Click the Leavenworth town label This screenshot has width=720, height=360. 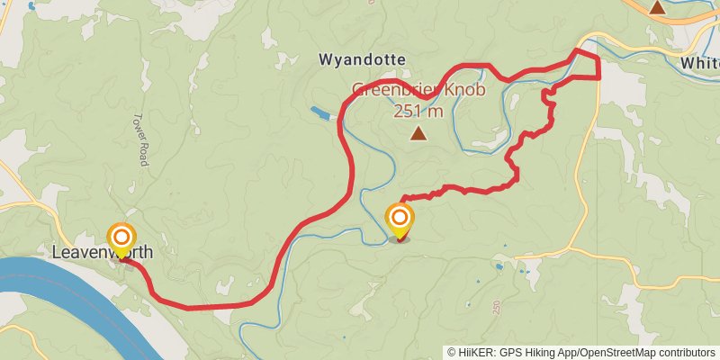(101, 253)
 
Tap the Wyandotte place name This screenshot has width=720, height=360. (362, 59)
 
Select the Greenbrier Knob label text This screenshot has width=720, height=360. (418, 91)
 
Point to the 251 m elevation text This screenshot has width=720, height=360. (418, 111)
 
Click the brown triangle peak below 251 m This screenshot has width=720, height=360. (418, 134)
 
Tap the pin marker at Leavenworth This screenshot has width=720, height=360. (121, 238)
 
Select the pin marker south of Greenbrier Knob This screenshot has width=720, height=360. (400, 219)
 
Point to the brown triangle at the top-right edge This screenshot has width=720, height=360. (658, 7)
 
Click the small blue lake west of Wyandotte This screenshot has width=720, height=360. (320, 113)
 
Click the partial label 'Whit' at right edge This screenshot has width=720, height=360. (699, 64)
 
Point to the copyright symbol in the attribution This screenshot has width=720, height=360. (452, 353)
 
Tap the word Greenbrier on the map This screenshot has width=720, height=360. (394, 91)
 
